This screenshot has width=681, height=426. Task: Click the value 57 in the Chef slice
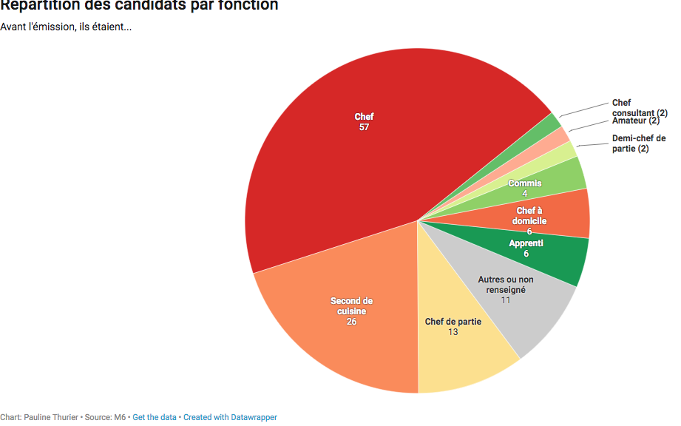pyautogui.click(x=364, y=127)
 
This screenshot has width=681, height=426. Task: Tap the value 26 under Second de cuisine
pyautogui.click(x=351, y=322)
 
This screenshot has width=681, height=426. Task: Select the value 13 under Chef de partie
pyautogui.click(x=453, y=332)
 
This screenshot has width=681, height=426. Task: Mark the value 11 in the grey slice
pyautogui.click(x=506, y=300)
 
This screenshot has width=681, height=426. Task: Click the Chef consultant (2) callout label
pyautogui.click(x=640, y=108)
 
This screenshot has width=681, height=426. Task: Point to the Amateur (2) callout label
pyautogui.click(x=636, y=121)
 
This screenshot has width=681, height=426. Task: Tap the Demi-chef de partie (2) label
pyautogui.click(x=639, y=143)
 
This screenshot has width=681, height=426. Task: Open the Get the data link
pyautogui.click(x=155, y=417)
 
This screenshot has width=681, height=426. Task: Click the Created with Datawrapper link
pyautogui.click(x=230, y=417)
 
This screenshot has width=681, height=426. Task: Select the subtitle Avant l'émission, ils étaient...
pyautogui.click(x=66, y=27)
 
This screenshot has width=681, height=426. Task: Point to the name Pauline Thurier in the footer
pyautogui.click(x=51, y=417)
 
